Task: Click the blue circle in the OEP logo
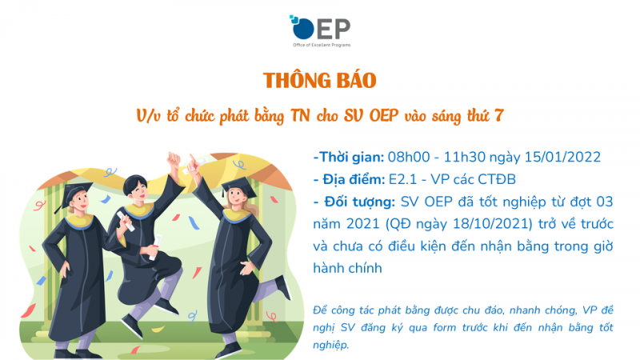click(303, 29)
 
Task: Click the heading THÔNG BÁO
click(319, 81)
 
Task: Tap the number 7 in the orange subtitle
click(498, 116)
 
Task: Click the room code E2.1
click(403, 179)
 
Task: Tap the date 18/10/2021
click(493, 224)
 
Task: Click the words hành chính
click(347, 268)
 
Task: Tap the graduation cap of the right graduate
click(238, 187)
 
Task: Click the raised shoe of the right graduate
click(283, 286)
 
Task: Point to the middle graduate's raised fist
click(174, 158)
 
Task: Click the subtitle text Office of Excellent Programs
click(322, 45)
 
